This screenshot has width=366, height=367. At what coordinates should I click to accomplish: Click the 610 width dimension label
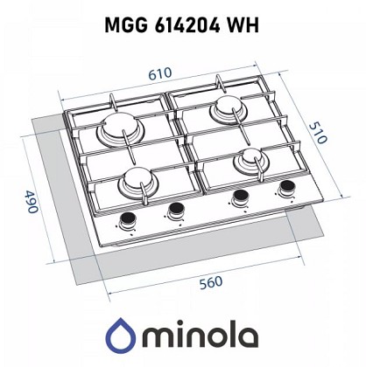coord(159,73)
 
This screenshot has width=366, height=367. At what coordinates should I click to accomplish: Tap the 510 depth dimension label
coord(318,133)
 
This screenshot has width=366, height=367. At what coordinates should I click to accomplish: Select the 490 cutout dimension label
coord(31,202)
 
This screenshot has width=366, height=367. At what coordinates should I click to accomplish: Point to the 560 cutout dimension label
coord(211,283)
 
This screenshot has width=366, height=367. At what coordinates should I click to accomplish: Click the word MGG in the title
coord(126,25)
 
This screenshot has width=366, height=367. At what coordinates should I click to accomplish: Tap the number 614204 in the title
coord(187,25)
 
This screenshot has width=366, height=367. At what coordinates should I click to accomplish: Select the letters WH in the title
coord(243,25)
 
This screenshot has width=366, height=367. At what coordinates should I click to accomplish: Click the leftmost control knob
coord(128,219)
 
